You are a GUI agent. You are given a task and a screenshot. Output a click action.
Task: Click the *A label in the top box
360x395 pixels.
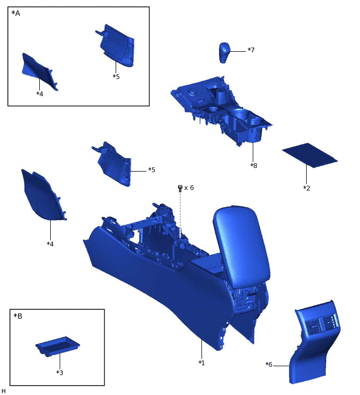(16, 14)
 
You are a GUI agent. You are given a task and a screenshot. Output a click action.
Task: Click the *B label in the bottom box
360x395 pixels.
(18, 316)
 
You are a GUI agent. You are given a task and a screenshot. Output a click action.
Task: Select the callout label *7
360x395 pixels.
(251, 50)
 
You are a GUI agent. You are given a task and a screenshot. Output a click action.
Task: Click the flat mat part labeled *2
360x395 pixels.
(309, 155)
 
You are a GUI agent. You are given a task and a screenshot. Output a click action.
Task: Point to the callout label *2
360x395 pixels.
(307, 187)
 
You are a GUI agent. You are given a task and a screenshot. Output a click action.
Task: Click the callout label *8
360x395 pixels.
(254, 165)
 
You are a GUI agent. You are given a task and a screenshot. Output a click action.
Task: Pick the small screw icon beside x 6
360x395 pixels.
(181, 187)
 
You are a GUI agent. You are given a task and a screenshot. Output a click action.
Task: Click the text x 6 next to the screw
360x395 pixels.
(189, 187)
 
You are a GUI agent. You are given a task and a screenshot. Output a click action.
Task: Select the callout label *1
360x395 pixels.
(201, 363)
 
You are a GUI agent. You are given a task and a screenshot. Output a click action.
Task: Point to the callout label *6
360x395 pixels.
(269, 365)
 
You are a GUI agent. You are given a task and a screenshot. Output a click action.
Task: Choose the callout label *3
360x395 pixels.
(60, 373)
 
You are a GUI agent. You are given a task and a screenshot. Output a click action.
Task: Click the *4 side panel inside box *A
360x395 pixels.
(38, 71)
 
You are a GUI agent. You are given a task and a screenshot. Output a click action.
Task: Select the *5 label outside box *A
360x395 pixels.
(152, 170)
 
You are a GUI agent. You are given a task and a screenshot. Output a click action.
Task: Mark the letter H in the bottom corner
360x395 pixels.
(4, 391)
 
